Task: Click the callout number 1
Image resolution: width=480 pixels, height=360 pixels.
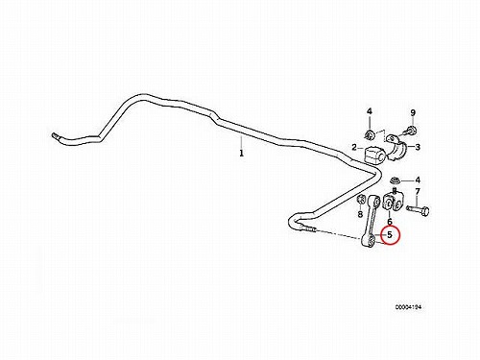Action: tap(242, 154)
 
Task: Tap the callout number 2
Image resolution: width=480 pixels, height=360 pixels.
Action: tap(354, 148)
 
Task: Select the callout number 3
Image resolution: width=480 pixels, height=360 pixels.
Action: tap(418, 147)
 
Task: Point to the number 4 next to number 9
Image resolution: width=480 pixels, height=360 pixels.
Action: tap(370, 111)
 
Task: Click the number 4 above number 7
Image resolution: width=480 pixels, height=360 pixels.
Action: tap(418, 180)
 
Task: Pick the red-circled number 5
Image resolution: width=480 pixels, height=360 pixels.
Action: tap(390, 234)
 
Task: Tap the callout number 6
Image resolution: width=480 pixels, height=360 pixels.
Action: tap(390, 222)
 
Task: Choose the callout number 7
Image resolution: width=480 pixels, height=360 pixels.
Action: tap(418, 192)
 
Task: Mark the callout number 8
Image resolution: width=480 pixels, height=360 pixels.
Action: tap(360, 214)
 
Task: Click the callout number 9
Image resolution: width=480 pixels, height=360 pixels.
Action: tap(413, 112)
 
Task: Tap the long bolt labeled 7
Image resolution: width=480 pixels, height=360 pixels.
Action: tap(418, 210)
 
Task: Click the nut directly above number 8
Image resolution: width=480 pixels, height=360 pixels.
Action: tap(360, 200)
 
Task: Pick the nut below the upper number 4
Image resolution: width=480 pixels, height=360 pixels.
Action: tap(370, 134)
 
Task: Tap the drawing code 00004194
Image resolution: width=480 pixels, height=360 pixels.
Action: tap(408, 307)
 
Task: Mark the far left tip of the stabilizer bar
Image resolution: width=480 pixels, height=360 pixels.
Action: tap(52, 135)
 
